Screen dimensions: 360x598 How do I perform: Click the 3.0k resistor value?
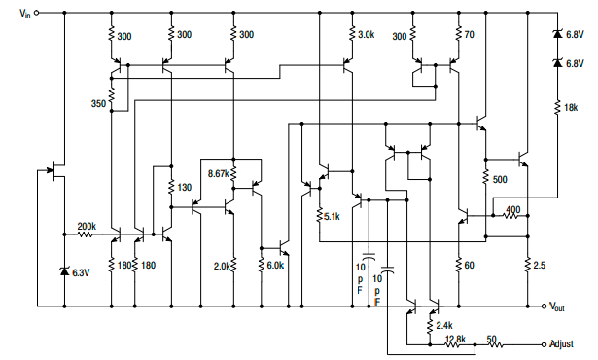tap(365, 35)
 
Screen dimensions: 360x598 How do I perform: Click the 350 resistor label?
tap(97, 103)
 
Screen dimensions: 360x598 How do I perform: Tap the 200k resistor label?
tap(86, 226)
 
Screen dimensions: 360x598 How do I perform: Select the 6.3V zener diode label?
tap(81, 272)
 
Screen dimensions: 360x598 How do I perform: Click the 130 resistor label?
tap(186, 188)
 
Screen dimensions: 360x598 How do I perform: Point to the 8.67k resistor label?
tap(218, 173)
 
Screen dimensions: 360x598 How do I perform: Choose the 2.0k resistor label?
tap(221, 266)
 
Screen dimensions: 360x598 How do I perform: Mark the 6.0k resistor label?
tap(275, 266)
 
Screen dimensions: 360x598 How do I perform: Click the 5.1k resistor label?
tap(332, 217)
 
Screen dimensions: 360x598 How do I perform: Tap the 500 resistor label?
tap(500, 180)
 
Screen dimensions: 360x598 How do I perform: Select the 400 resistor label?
tap(512, 209)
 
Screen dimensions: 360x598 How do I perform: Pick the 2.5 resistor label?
tap(541, 266)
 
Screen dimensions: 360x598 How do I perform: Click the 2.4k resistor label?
tap(445, 325)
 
